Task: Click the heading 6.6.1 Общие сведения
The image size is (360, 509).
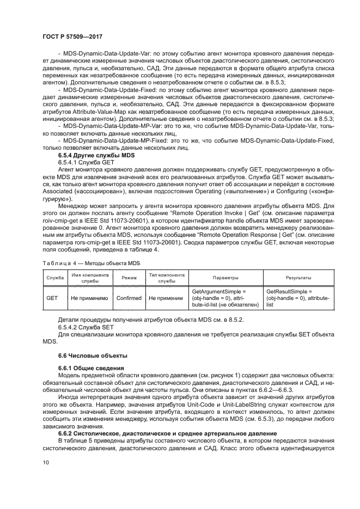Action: click(83, 369)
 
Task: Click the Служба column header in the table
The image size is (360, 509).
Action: click(55, 278)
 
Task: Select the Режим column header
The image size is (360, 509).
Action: click(129, 278)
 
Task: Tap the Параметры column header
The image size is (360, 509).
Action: click(225, 278)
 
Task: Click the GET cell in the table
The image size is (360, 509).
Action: click(53, 298)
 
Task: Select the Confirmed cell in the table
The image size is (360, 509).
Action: click(129, 298)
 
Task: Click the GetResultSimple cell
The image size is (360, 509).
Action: click(289, 292)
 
